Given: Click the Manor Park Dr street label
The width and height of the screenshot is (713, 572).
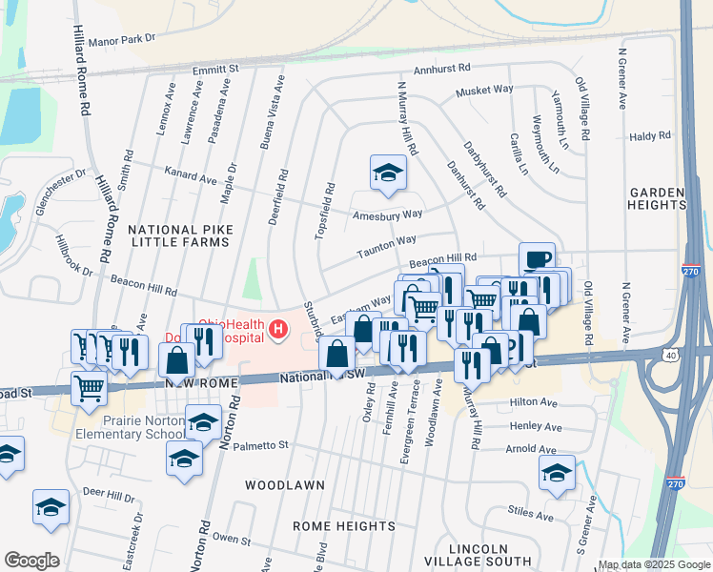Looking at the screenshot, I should tap(121, 40).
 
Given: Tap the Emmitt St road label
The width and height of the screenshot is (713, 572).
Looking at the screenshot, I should tap(214, 70).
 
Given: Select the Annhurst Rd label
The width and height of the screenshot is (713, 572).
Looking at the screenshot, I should tap(442, 69).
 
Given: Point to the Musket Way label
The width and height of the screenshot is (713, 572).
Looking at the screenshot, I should tap(484, 90).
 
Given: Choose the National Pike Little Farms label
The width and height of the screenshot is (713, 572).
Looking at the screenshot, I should tap(179, 235).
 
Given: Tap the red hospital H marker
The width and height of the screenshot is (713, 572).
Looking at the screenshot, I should tap(278, 330).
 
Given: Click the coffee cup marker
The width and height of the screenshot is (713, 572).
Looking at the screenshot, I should tap(537, 259).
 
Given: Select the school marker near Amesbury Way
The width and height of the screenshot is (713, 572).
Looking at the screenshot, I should tap(388, 173).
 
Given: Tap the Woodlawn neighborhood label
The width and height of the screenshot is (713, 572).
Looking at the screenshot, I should tap(275, 485).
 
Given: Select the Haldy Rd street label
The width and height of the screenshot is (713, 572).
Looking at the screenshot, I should tap(651, 137).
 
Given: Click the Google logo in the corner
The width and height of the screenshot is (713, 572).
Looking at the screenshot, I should tap(31, 560).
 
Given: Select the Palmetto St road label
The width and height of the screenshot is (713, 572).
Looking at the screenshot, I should tap(261, 445).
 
